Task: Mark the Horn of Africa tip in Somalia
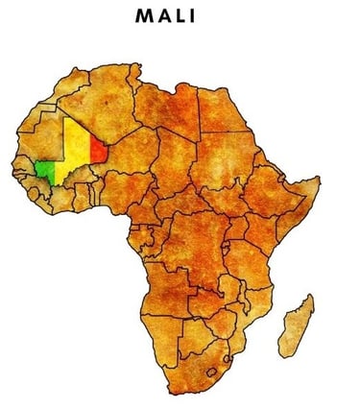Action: tap(317, 180)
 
